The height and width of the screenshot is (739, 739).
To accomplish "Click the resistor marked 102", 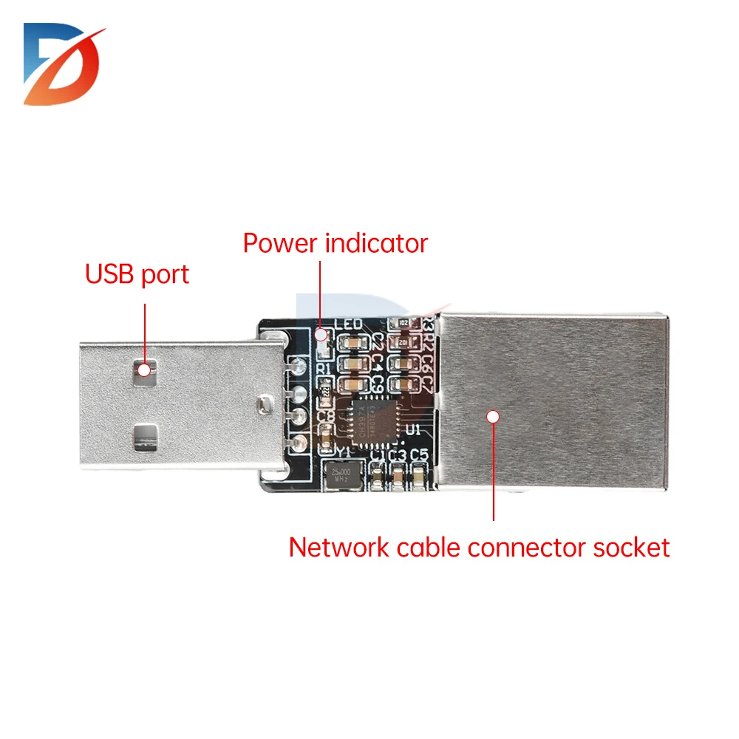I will click(403, 323).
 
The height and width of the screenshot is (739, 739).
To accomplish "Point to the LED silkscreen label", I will click(348, 324).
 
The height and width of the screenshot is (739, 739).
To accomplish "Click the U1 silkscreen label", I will click(413, 429).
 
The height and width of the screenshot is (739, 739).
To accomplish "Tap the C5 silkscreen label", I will click(419, 454).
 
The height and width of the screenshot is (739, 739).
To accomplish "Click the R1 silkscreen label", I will click(323, 369).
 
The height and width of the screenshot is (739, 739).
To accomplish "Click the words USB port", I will click(137, 274).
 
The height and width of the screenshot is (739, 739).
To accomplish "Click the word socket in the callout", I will click(631, 548).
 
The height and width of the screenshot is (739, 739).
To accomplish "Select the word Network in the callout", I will click(339, 548).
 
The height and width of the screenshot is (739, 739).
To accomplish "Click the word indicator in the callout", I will click(377, 243).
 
